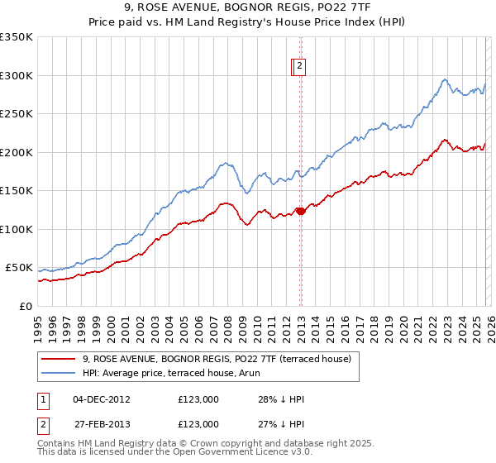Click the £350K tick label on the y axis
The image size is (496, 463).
(x=17, y=37)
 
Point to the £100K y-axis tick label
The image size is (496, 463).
(x=17, y=229)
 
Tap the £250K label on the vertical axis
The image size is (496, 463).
(x=17, y=114)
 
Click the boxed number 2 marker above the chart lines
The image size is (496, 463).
(x=299, y=68)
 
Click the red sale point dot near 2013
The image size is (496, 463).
(x=301, y=212)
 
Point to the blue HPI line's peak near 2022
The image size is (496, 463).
(x=445, y=79)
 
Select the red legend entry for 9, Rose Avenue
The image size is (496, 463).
(x=217, y=359)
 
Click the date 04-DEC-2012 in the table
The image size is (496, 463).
(x=102, y=399)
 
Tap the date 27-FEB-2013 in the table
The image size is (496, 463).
(x=102, y=424)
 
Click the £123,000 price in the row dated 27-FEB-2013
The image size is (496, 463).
(x=198, y=424)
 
